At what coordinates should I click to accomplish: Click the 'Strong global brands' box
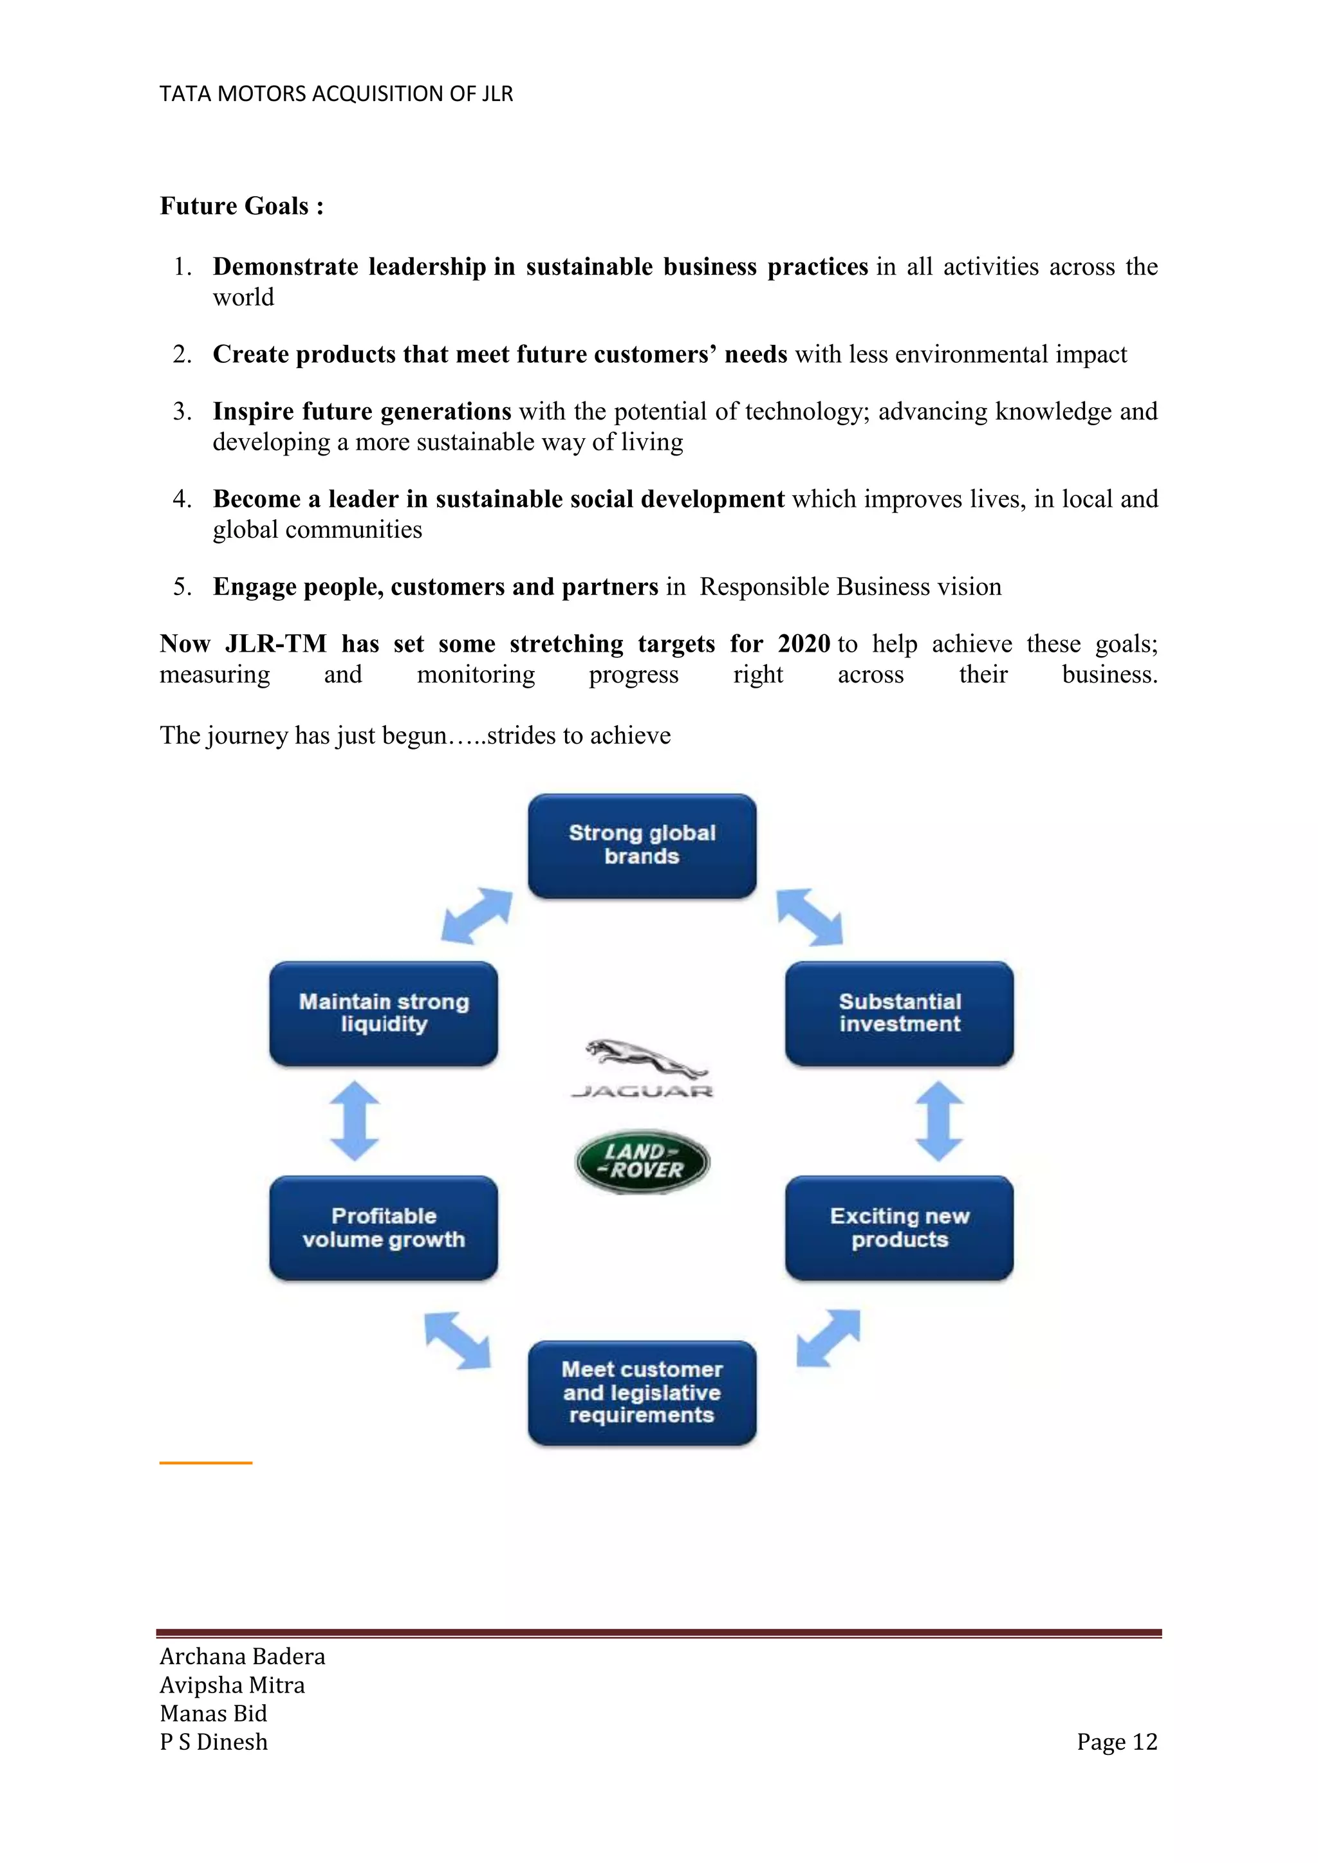coord(642,845)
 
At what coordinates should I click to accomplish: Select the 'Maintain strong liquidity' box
coord(384,1013)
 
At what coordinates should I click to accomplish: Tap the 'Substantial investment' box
coord(899,1013)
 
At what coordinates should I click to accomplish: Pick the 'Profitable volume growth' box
coord(384,1227)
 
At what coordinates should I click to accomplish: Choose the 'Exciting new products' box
coord(899,1227)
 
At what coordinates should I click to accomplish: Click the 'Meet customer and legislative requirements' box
coord(642,1392)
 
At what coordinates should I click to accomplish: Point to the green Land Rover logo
coord(642,1161)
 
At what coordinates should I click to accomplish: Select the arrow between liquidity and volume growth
coord(355,1121)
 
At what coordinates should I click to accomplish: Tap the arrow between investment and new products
coord(939,1121)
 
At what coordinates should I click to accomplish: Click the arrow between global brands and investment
coord(809,917)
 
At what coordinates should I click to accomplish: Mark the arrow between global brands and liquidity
coord(478,915)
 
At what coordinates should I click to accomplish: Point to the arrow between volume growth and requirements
coord(458,1341)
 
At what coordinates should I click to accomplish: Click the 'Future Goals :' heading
coord(242,206)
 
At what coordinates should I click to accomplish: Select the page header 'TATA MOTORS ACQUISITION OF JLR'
coord(336,94)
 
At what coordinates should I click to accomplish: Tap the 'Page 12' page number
coord(1117,1741)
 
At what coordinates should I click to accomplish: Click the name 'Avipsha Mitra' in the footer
coord(232,1685)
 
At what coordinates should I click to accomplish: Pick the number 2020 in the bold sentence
coord(803,643)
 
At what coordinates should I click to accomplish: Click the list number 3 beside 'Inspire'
coord(181,411)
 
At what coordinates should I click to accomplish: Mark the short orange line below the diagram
coord(206,1462)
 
